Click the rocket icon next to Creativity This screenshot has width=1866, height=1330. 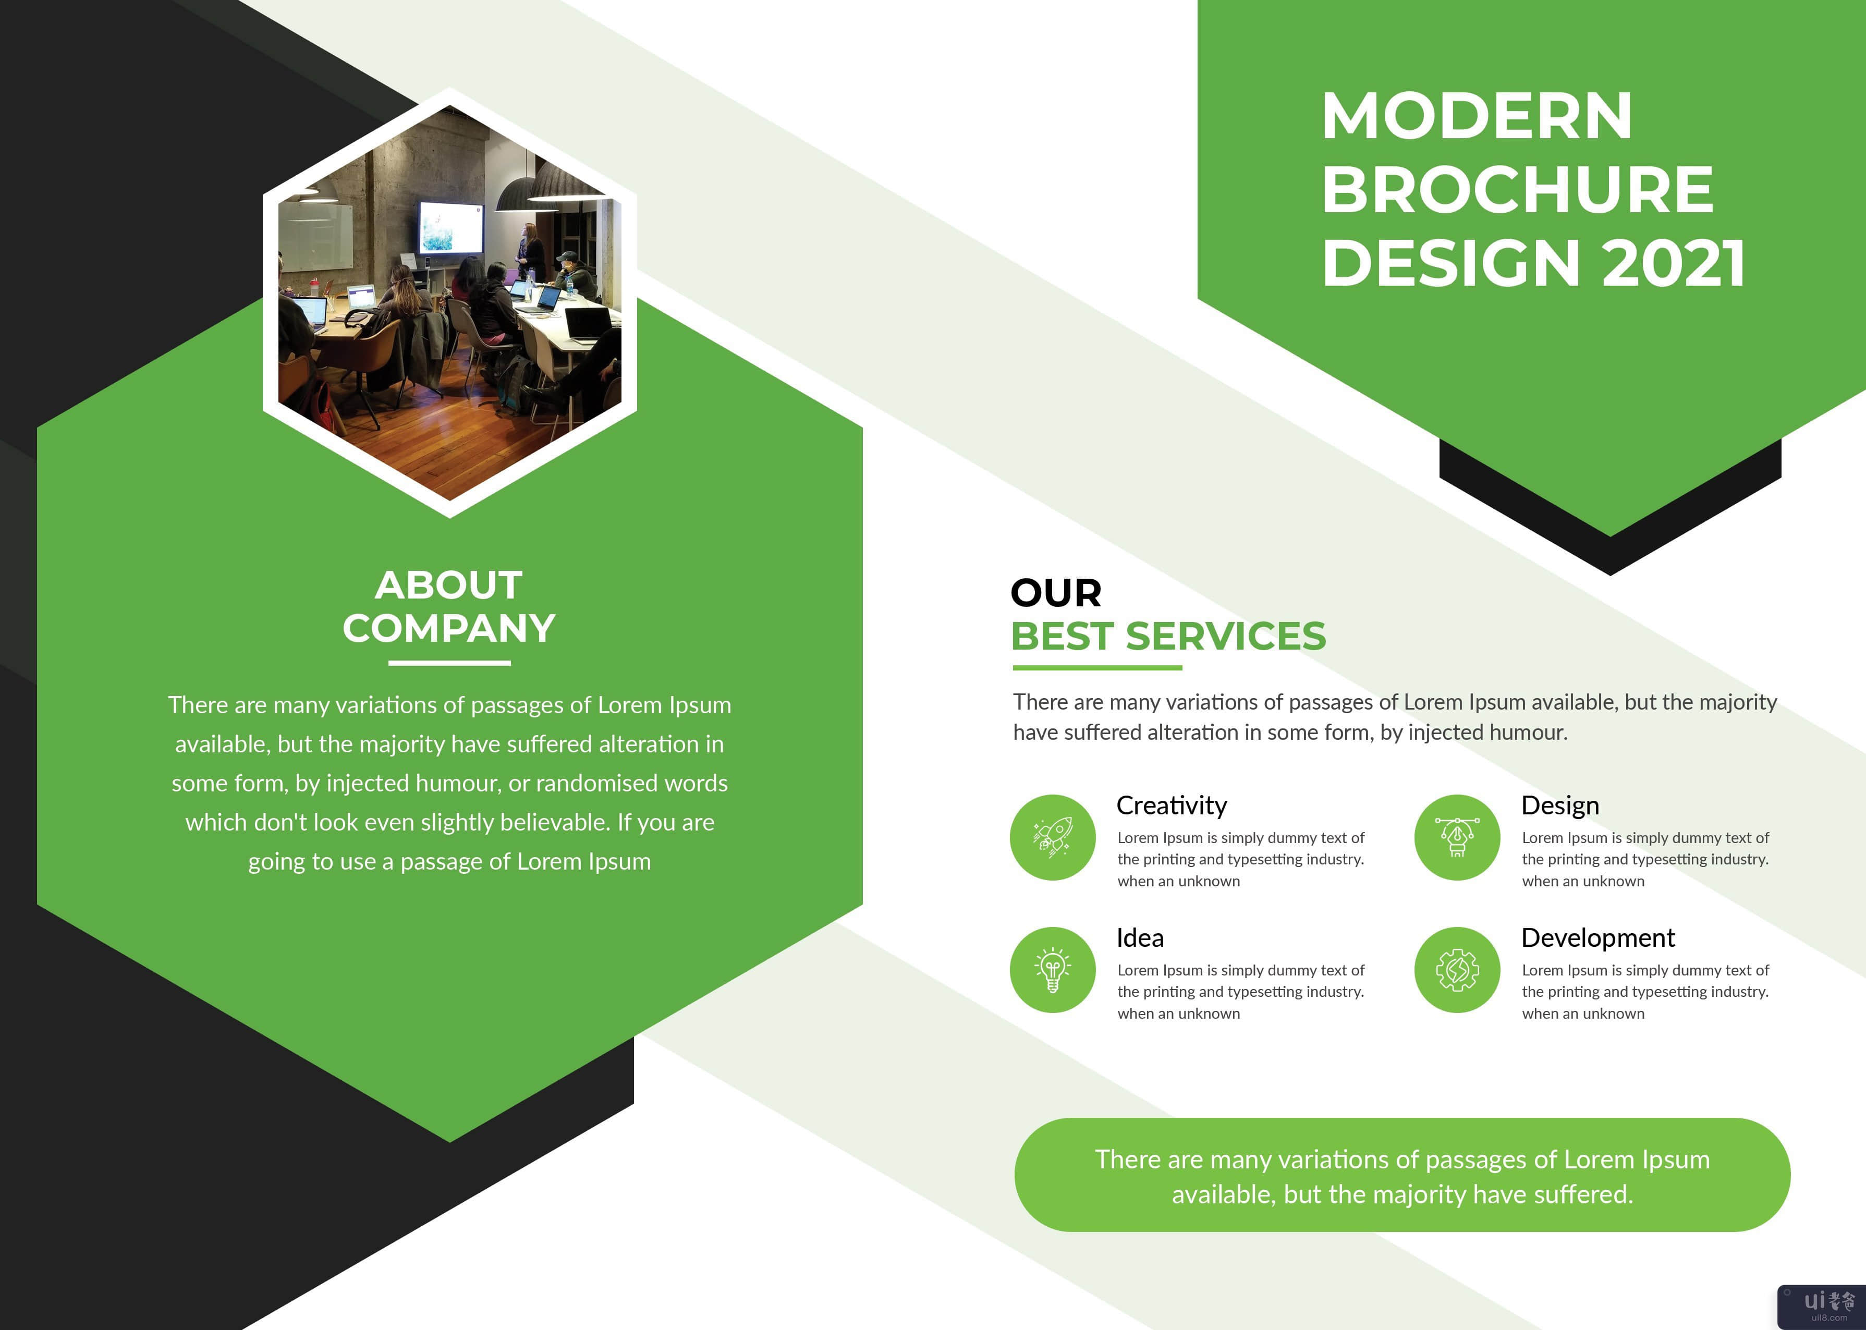pos(1053,837)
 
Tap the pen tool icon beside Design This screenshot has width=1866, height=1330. pos(1457,837)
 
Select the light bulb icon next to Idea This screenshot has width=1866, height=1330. pos(1053,970)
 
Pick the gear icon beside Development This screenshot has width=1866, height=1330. pos(1457,970)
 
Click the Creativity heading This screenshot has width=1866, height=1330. pos(1172,806)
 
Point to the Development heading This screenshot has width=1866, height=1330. pos(1598,938)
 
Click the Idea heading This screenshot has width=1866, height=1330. pos(1140,938)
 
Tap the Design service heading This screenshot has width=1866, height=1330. pos(1560,806)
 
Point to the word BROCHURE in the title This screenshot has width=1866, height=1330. pos(1518,189)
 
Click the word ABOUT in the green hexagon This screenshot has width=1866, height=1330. pos(449,585)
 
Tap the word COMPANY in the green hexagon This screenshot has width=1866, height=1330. pos(449,628)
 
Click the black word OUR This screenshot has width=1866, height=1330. pos(1056,592)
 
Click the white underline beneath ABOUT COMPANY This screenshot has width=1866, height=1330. pos(449,663)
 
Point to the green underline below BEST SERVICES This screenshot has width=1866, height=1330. pos(1097,667)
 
